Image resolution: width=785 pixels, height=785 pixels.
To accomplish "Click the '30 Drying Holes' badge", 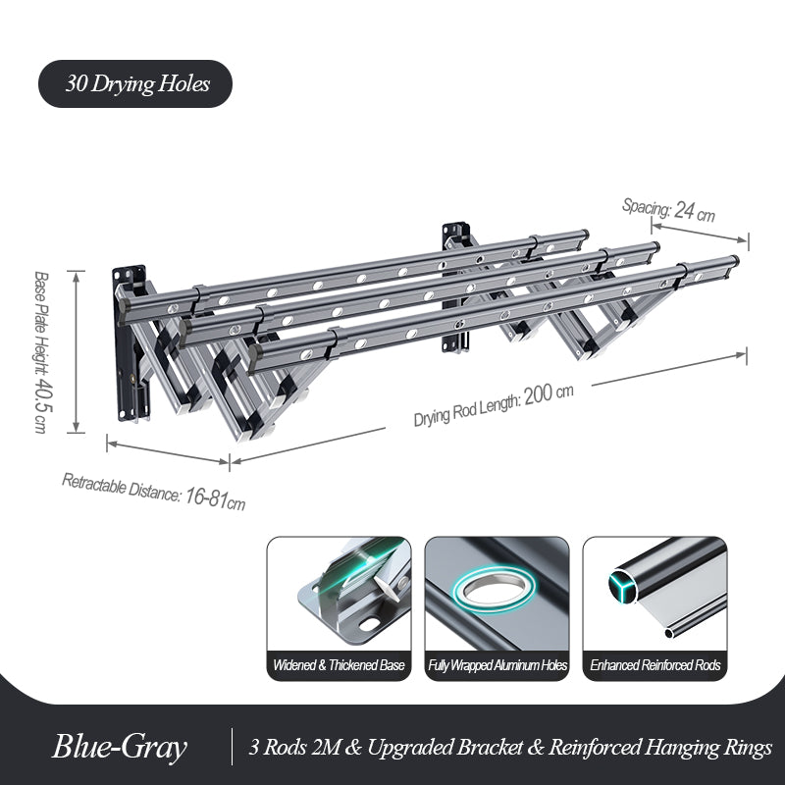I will (135, 84).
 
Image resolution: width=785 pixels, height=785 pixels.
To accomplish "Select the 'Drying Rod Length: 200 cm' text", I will (494, 403).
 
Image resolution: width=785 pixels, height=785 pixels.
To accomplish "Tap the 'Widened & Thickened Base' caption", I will (339, 665).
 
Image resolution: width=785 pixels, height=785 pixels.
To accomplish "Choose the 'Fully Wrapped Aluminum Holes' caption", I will (497, 665).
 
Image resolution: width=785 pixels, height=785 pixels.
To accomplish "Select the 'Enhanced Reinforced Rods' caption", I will (655, 665).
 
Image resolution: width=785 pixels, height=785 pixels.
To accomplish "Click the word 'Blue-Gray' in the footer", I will (119, 748).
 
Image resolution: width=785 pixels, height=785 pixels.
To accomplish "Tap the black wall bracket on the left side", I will (131, 339).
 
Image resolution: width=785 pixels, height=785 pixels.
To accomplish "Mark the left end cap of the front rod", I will (254, 357).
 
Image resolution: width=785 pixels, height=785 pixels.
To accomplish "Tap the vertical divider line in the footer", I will (232, 748).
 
